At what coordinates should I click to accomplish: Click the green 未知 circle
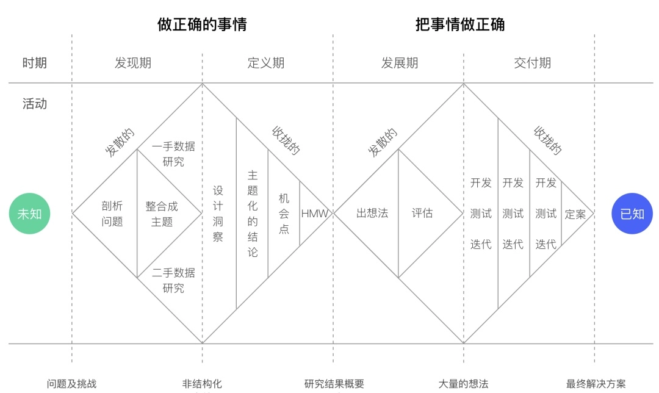point(29,214)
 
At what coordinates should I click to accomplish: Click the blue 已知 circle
point(632,214)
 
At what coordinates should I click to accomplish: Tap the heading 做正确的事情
point(202,24)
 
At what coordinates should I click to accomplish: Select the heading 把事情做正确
point(460,24)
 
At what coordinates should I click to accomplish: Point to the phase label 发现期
point(133,63)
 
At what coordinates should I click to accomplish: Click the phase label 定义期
point(265,63)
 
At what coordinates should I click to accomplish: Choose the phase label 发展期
point(399,63)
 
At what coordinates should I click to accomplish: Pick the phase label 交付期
point(532,63)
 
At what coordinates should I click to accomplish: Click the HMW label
point(314,214)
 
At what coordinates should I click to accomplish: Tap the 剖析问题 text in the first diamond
point(112,214)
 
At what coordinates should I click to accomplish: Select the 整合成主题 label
point(162,214)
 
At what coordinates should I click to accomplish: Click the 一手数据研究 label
point(173,154)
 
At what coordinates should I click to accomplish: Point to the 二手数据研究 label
point(173,280)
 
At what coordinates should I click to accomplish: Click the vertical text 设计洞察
point(218,214)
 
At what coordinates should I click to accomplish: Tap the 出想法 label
point(372,213)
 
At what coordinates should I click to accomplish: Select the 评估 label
point(422,213)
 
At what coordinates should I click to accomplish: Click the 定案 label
point(575,214)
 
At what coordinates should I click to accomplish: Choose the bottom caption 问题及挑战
point(71,384)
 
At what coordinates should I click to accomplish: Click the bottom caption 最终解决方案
point(596,384)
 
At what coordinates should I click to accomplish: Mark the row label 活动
point(34,104)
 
